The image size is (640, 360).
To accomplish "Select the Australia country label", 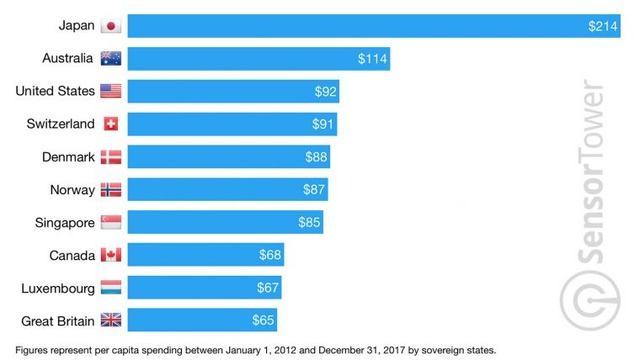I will (62, 59).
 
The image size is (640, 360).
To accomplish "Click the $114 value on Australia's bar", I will (372, 59).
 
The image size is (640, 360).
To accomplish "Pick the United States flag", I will (111, 92).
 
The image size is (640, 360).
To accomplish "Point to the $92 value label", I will (325, 92).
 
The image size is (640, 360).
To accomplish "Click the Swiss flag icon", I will (111, 124).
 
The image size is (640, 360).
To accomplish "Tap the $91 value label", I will (322, 124).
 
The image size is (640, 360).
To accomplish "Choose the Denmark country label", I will (66, 157).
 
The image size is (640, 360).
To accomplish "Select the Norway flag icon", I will (111, 189).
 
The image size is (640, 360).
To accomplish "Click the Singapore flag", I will (111, 222).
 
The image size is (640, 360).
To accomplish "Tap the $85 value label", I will (310, 222).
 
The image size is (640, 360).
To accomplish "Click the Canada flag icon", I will (111, 255).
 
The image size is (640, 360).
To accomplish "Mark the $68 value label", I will (270, 255).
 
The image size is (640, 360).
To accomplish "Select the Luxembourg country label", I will (57, 288).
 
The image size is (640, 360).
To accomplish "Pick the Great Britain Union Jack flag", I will (111, 321).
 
